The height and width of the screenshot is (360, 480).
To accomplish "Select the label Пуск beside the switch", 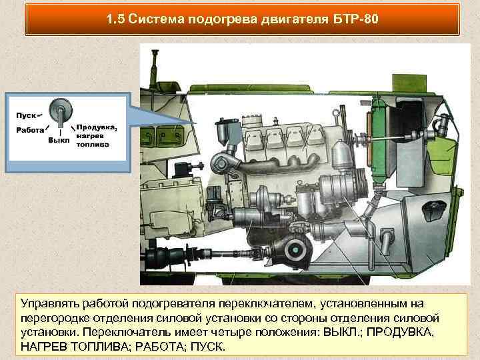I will point(26,115).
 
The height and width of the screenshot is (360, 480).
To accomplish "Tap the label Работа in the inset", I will point(30,130).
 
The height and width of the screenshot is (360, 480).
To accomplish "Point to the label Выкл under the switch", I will point(59,141).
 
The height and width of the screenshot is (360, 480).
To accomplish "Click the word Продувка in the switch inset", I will point(97,127).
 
